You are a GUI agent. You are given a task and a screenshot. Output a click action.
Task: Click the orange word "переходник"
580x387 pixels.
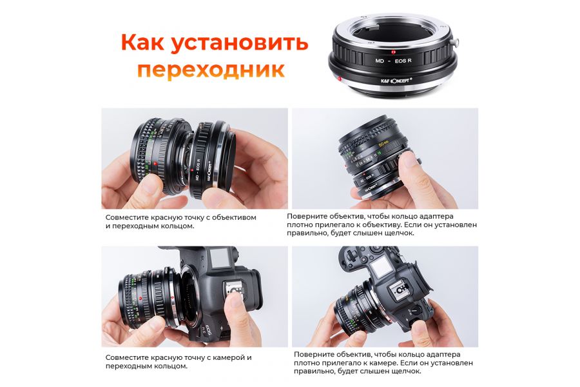click(211, 70)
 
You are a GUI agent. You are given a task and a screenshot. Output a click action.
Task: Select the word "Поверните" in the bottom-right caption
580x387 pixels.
click(314, 354)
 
